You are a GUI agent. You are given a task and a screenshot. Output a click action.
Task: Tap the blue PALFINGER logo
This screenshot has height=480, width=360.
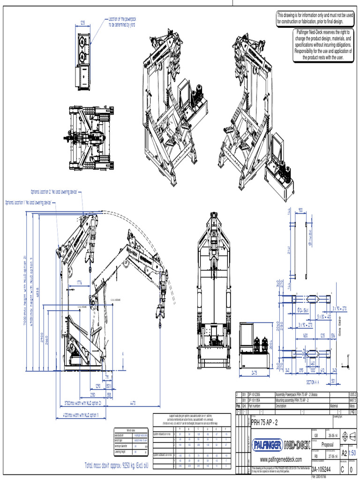[x=268, y=444]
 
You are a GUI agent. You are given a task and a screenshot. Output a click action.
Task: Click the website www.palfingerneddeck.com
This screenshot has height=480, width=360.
[x=281, y=459]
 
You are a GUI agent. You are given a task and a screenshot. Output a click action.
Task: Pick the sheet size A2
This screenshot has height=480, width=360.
[x=345, y=453]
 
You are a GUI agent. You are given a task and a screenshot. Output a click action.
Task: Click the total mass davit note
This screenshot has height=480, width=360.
[x=117, y=465]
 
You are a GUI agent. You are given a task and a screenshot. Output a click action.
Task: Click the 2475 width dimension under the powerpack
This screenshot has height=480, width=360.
[x=255, y=373]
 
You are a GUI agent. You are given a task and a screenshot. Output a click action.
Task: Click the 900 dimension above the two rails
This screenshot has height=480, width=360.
[x=300, y=210]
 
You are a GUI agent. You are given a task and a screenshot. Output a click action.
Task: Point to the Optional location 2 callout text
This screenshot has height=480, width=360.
[x=53, y=192]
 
